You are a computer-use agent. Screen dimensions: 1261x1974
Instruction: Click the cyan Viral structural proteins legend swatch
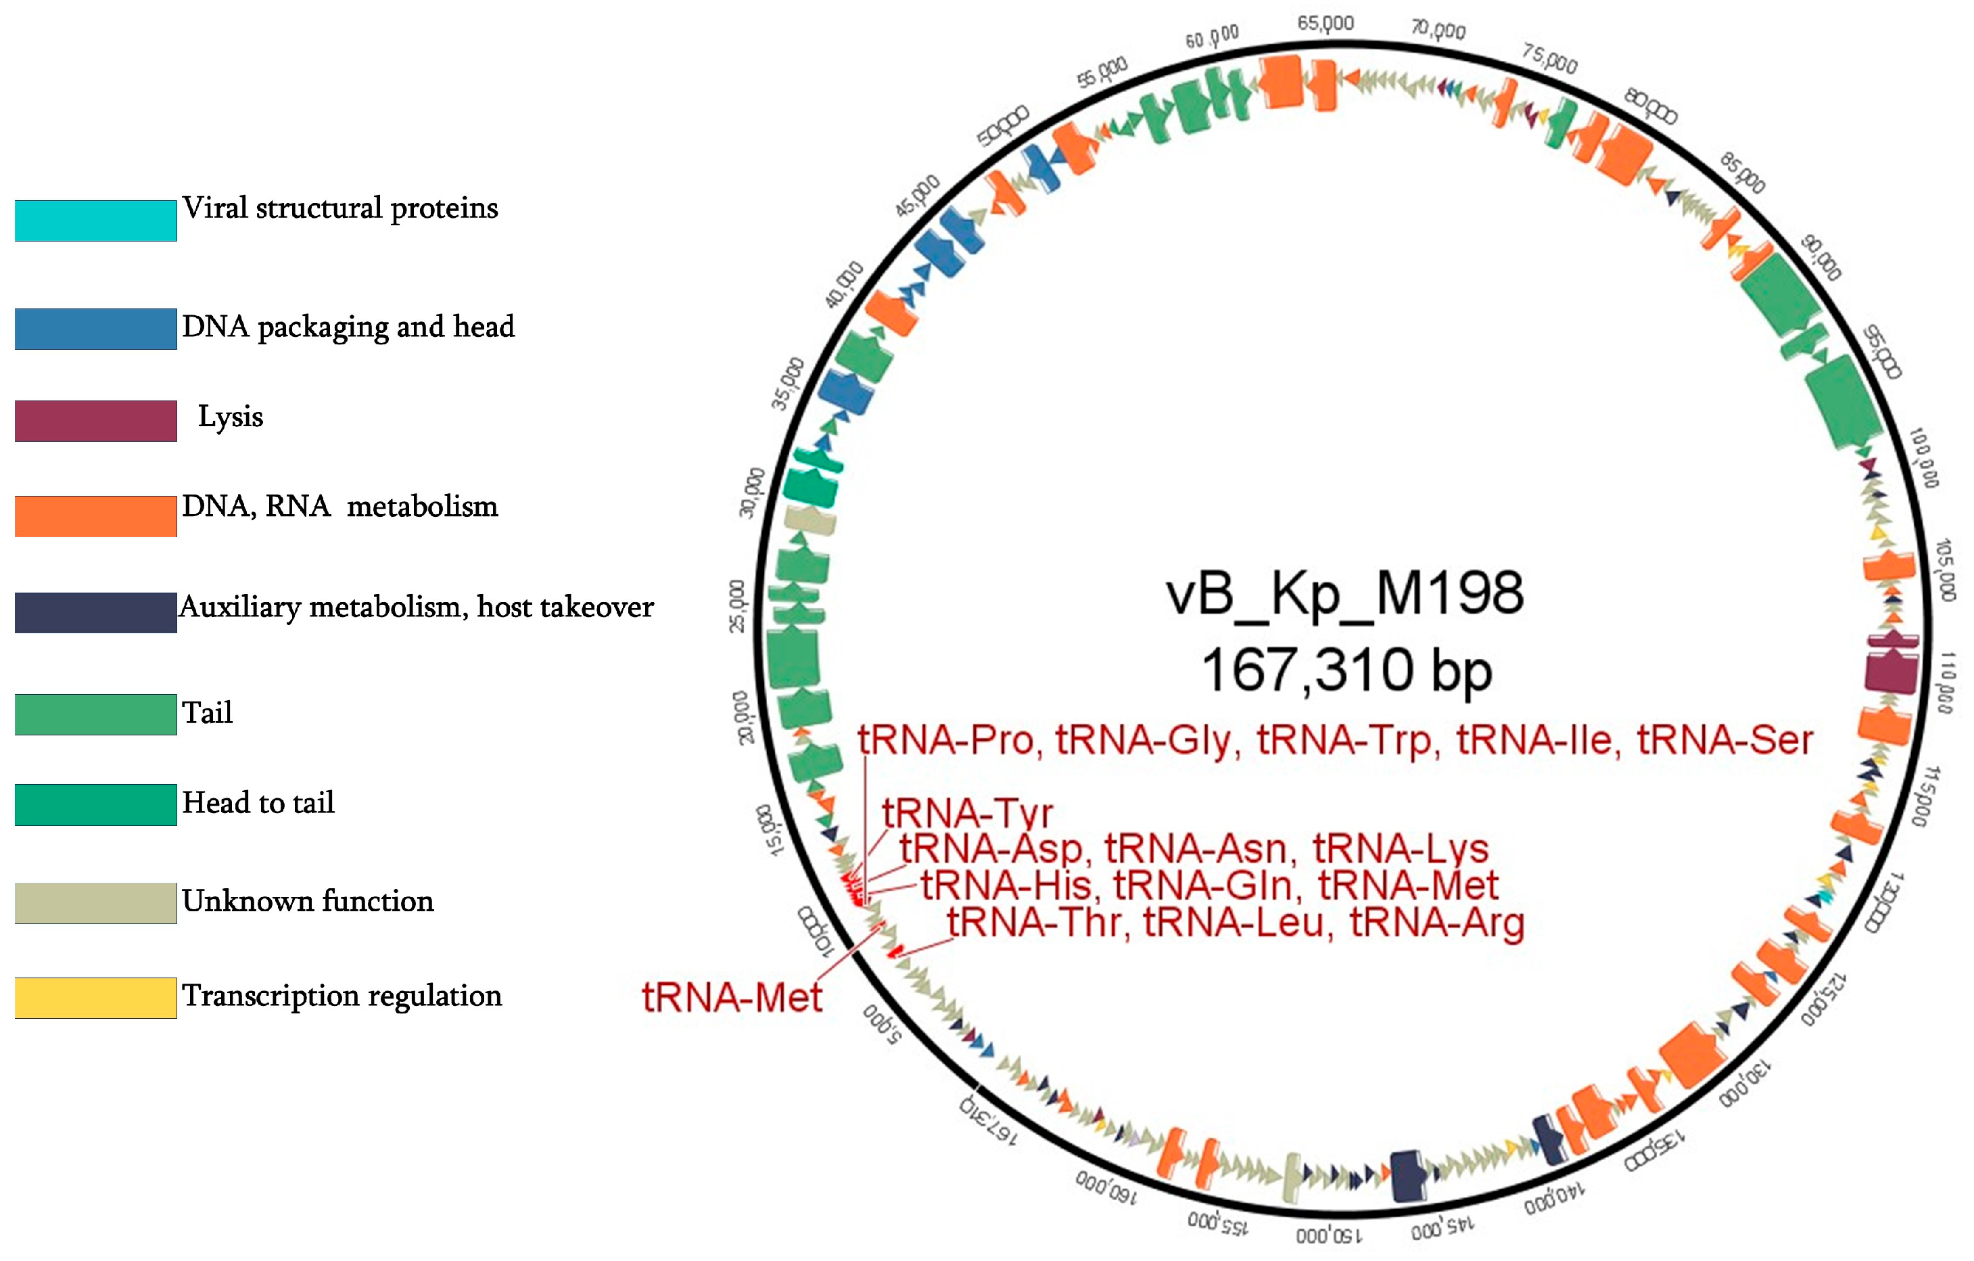95,221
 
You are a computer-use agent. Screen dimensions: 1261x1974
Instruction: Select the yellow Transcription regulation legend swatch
95,998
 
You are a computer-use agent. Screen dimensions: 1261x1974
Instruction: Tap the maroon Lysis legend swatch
95,421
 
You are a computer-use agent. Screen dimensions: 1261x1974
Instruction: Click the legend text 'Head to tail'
258,803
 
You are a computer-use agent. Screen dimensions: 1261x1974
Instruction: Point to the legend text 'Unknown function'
308,901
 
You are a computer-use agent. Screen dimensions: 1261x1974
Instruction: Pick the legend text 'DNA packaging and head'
348,326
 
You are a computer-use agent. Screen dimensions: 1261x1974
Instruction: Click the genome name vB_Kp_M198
1344,593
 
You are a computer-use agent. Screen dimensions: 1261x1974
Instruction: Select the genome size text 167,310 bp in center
1346,670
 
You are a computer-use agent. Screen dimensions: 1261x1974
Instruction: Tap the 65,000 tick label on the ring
1325,24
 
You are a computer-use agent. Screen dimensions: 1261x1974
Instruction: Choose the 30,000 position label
751,492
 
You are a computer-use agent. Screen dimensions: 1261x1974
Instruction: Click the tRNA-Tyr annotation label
967,813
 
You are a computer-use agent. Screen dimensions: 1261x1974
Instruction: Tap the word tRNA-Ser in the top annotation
1724,740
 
